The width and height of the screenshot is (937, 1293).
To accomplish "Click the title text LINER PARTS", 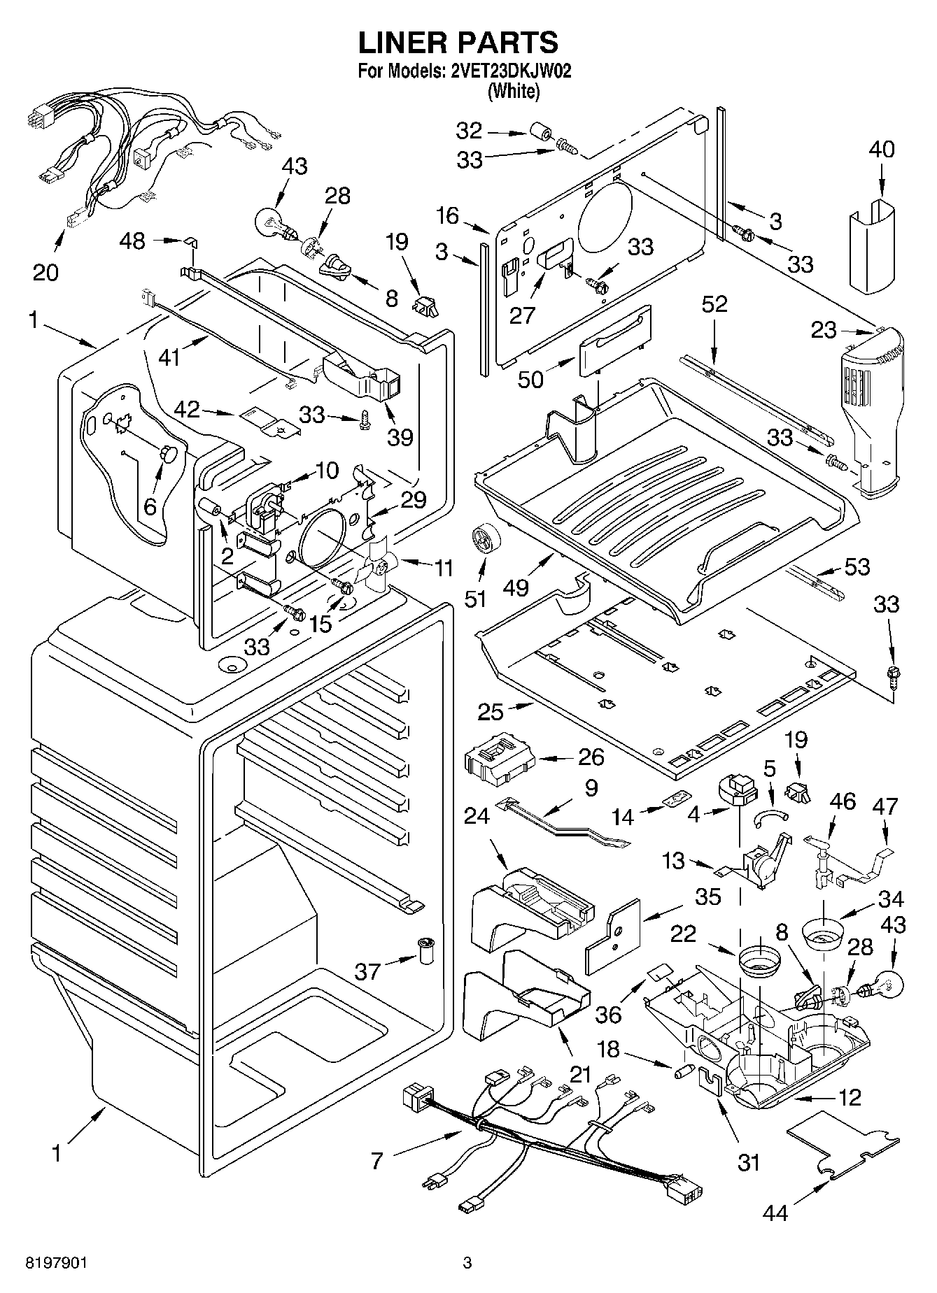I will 458,43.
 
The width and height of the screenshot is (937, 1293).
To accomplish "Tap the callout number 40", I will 881,149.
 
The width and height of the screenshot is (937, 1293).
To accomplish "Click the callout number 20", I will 45,271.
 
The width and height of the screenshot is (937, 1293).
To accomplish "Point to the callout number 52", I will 714,303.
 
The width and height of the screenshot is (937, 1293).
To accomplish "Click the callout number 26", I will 591,757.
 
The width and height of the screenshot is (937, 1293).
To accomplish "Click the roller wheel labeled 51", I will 482,539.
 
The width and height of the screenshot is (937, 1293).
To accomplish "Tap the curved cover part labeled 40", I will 875,245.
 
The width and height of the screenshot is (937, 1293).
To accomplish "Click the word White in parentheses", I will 514,91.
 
